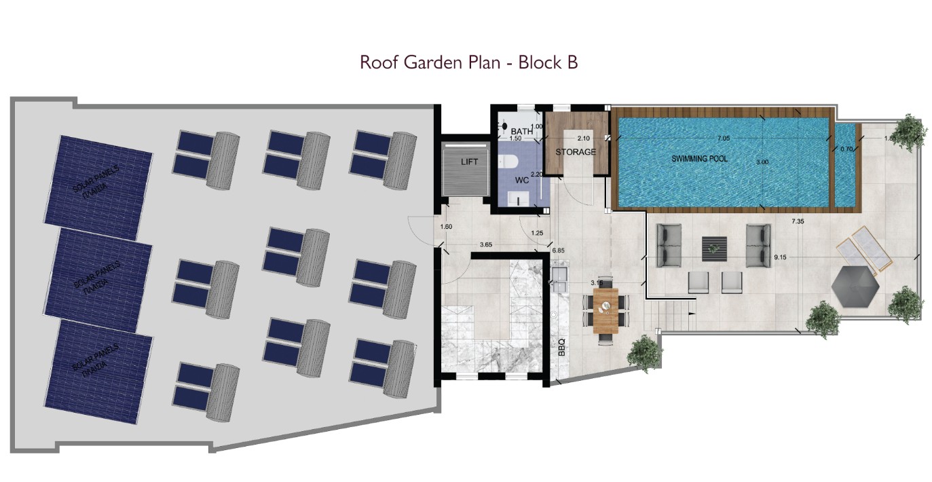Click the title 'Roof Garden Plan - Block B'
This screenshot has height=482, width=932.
(468, 62)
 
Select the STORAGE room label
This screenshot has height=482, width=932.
(575, 152)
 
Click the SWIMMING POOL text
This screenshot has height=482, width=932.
(699, 158)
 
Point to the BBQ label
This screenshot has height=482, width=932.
(561, 348)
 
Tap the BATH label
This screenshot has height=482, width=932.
(521, 131)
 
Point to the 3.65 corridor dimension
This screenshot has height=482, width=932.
(486, 245)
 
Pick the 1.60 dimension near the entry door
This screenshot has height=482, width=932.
(446, 227)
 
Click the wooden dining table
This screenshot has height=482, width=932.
(605, 310)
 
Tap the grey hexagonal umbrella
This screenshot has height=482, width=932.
(855, 284)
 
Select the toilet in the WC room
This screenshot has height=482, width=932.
(507, 162)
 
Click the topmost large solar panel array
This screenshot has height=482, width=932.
(98, 180)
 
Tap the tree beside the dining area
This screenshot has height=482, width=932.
(643, 352)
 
